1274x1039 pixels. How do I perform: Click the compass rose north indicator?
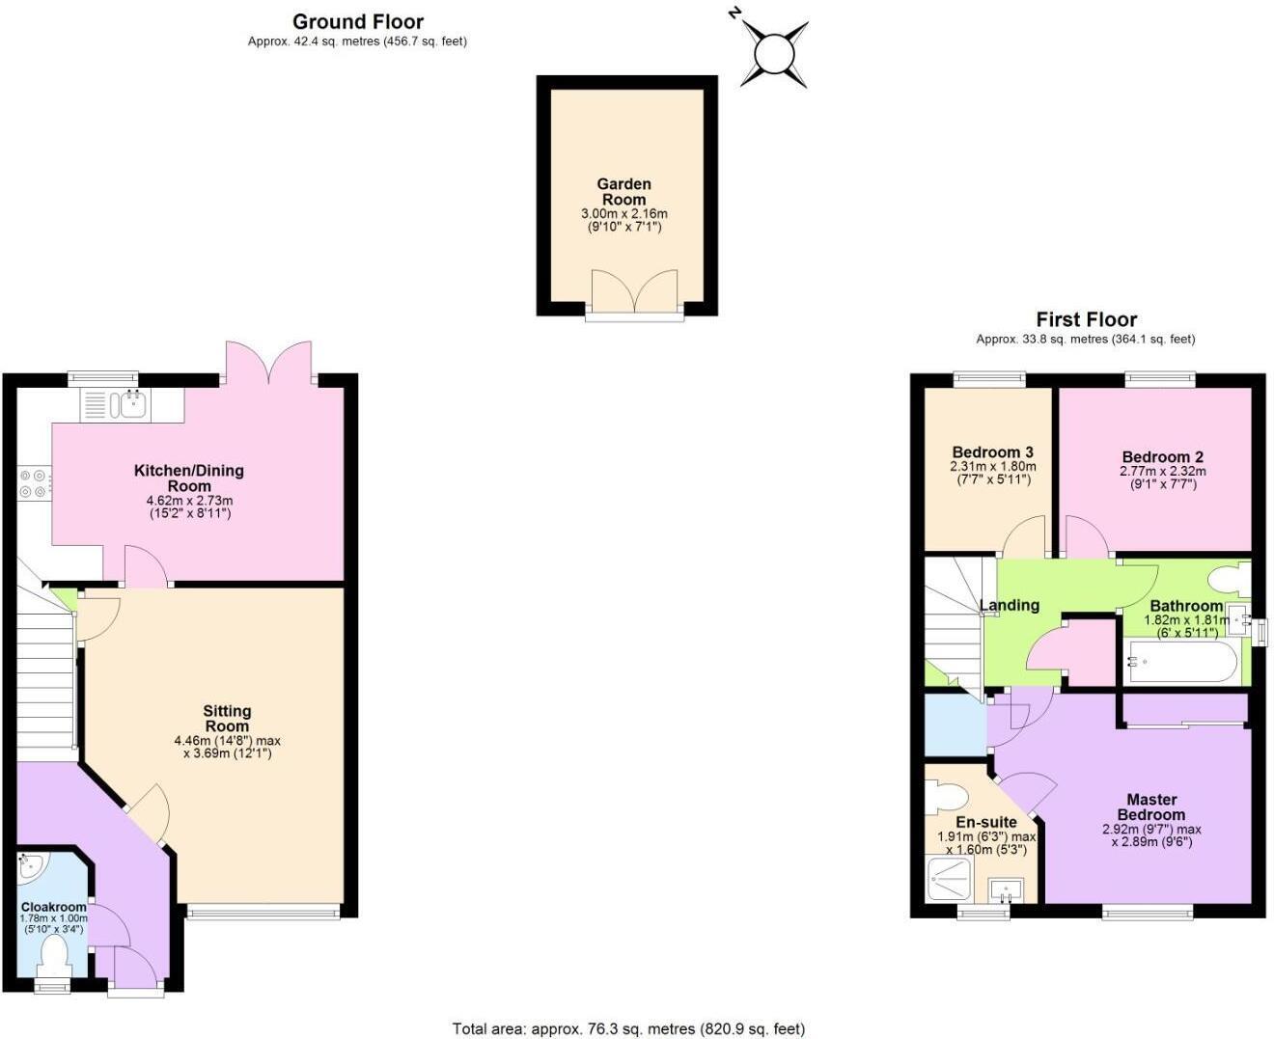(773, 52)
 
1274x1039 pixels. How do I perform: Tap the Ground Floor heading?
(358, 21)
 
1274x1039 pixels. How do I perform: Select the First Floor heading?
(1086, 319)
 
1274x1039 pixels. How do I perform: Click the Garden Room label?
(623, 191)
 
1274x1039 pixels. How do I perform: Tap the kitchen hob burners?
(34, 482)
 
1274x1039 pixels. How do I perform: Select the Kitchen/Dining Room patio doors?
(269, 364)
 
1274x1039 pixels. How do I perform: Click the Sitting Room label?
(227, 719)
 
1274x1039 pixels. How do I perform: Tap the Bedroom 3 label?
(992, 452)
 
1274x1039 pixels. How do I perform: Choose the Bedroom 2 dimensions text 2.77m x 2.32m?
(1162, 472)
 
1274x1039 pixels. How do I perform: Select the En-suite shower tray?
(952, 880)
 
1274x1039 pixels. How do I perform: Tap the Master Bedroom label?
(1151, 807)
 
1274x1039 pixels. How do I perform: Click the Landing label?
(1010, 605)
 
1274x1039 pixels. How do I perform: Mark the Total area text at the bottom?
(628, 1028)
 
